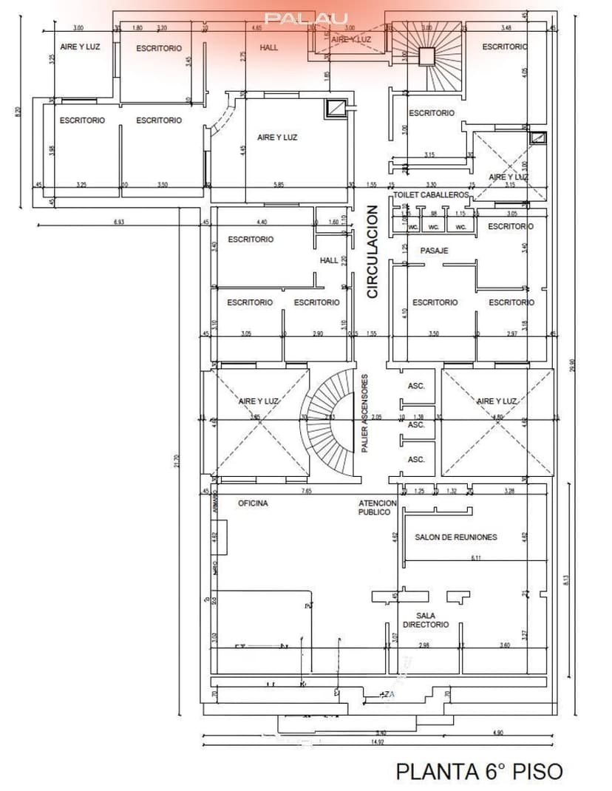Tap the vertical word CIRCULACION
(373, 252)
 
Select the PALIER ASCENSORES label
(365, 413)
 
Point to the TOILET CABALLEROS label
(431, 194)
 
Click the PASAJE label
(435, 251)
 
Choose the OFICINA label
(253, 503)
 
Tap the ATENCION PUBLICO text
(378, 508)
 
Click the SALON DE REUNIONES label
(455, 537)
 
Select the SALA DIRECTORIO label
(425, 620)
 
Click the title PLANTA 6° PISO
(479, 771)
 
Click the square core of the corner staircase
(426, 56)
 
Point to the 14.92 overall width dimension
(378, 741)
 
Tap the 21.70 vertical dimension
(176, 460)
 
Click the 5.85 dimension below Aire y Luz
(279, 184)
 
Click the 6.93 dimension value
(118, 222)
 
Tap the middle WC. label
(434, 227)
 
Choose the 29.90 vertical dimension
(572, 366)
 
